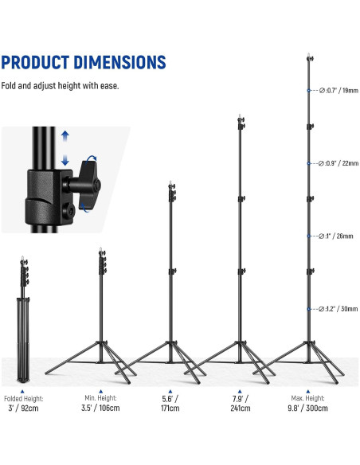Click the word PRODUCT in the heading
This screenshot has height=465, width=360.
coord(35,62)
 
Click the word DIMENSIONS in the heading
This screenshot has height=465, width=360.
coord(119,62)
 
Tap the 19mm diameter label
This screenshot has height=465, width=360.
coord(338,91)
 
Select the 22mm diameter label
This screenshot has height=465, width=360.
coord(338,163)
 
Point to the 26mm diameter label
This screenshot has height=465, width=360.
coord(335,236)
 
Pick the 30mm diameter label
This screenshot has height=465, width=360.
coord(338,309)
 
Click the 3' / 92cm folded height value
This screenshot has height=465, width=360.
coord(23,408)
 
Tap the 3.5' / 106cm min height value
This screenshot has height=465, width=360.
coord(100,408)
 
